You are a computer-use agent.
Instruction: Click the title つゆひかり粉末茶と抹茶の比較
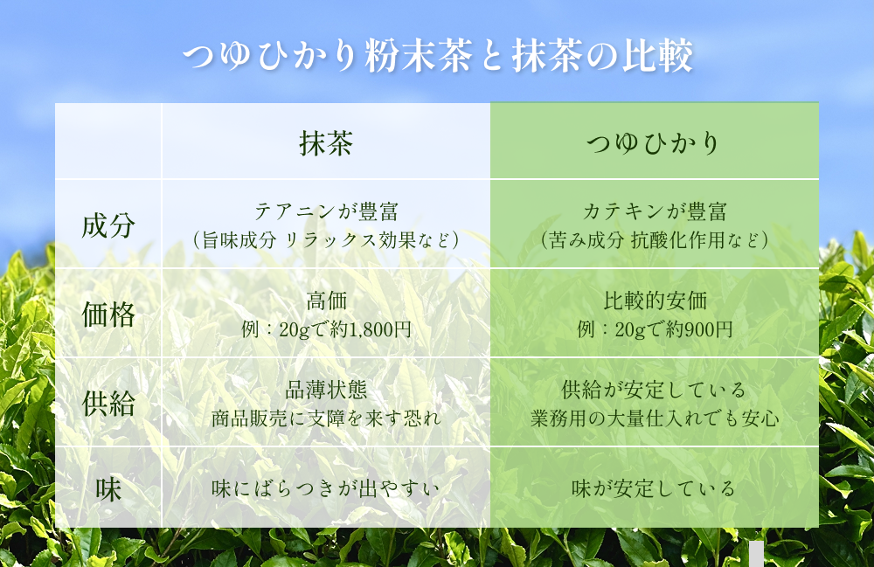(437, 57)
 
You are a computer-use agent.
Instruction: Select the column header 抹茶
(326, 143)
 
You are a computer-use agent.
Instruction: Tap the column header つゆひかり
(653, 143)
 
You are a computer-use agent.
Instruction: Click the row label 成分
(108, 225)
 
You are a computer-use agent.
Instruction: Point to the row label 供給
(108, 403)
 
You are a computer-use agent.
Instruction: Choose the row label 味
(108, 488)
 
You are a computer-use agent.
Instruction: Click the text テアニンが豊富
(326, 211)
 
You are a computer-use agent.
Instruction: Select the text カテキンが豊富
(654, 211)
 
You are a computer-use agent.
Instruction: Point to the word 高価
(326, 301)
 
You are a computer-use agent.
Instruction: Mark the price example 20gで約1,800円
(344, 329)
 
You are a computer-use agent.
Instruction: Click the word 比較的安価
(654, 301)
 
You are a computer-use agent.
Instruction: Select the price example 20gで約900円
(672, 329)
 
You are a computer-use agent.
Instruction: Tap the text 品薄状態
(326, 390)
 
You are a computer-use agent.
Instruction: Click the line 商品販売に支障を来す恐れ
(326, 418)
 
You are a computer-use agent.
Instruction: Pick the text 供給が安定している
(654, 390)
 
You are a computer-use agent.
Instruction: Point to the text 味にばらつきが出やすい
(326, 488)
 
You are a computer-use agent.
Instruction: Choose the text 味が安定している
(654, 488)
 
